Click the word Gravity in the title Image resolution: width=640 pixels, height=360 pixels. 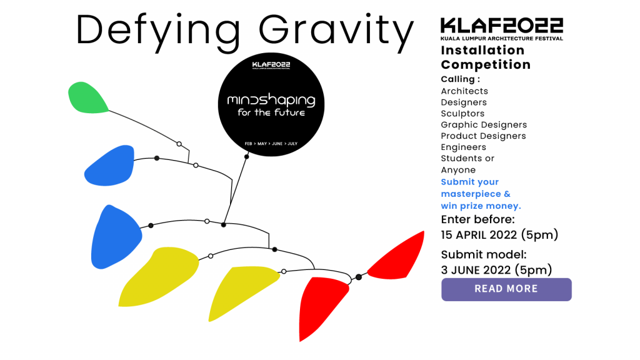point(336,32)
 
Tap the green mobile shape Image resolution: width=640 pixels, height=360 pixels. point(87,97)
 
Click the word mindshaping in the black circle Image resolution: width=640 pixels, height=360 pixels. point(271,100)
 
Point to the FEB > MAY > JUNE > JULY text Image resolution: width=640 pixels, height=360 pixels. point(271,144)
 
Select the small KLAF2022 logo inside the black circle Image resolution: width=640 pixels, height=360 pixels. point(271,64)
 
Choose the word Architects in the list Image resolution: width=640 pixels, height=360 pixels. point(464,91)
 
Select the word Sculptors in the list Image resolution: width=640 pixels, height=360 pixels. point(462,114)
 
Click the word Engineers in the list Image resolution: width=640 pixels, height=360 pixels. point(463,147)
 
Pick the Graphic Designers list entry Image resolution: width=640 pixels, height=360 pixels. point(484,124)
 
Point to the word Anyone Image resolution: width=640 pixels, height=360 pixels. point(458,170)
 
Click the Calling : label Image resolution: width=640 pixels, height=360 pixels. point(461,79)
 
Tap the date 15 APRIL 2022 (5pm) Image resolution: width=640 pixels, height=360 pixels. point(499,235)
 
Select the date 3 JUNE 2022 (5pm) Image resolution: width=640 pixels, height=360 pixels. point(496,270)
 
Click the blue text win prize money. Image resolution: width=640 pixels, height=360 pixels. point(481,206)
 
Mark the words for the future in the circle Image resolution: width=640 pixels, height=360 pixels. point(271,112)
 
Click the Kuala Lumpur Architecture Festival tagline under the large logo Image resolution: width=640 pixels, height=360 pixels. point(502,38)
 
